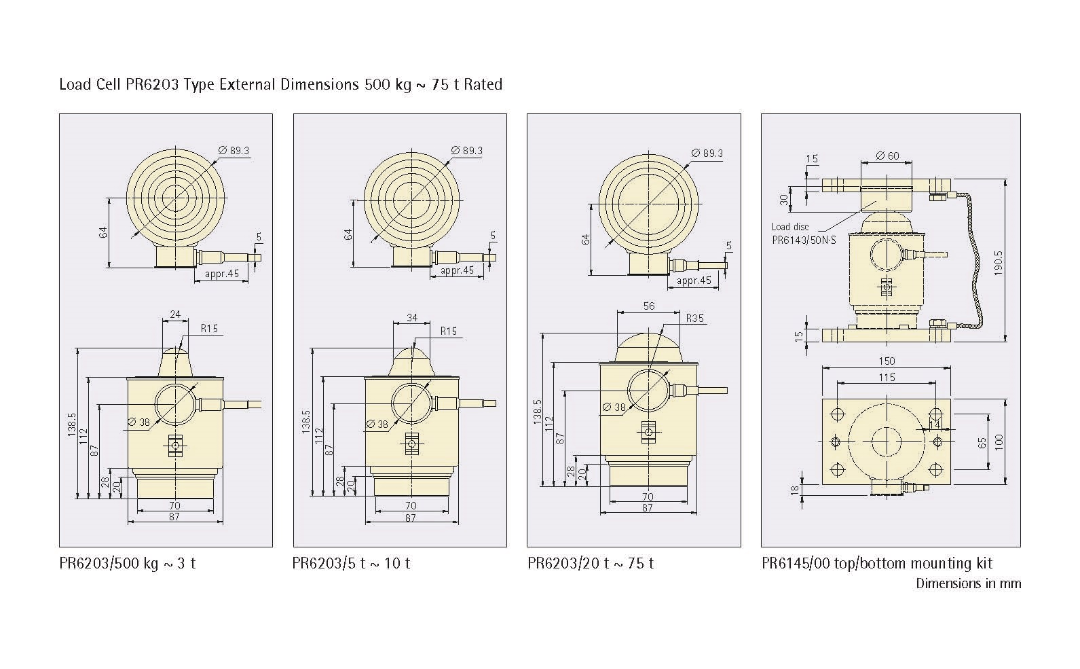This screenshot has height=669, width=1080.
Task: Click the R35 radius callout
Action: (x=695, y=318)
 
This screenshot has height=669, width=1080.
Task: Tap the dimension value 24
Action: (x=175, y=314)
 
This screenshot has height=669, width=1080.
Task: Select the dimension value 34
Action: (x=412, y=317)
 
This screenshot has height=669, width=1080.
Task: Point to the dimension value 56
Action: (x=649, y=306)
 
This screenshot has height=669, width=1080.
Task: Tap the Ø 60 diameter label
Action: (x=887, y=156)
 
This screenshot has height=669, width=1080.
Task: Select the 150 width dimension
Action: (x=887, y=361)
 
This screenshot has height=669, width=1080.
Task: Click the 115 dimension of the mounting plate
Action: (x=887, y=378)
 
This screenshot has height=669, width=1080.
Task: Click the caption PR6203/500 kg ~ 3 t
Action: (x=128, y=563)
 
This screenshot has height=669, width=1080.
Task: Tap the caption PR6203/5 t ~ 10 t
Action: (x=352, y=563)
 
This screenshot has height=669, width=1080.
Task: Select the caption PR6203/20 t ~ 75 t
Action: (x=591, y=563)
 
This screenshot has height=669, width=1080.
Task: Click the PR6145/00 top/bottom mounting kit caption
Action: (x=877, y=563)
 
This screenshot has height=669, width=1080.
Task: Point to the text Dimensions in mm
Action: (x=969, y=583)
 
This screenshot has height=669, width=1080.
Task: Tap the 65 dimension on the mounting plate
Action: (x=982, y=443)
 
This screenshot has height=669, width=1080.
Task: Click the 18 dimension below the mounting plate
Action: (x=795, y=490)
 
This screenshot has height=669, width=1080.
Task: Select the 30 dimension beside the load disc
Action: (x=784, y=200)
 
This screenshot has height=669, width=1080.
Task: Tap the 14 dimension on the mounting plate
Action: (x=935, y=424)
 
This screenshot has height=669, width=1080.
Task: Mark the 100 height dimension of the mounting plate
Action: (x=998, y=442)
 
